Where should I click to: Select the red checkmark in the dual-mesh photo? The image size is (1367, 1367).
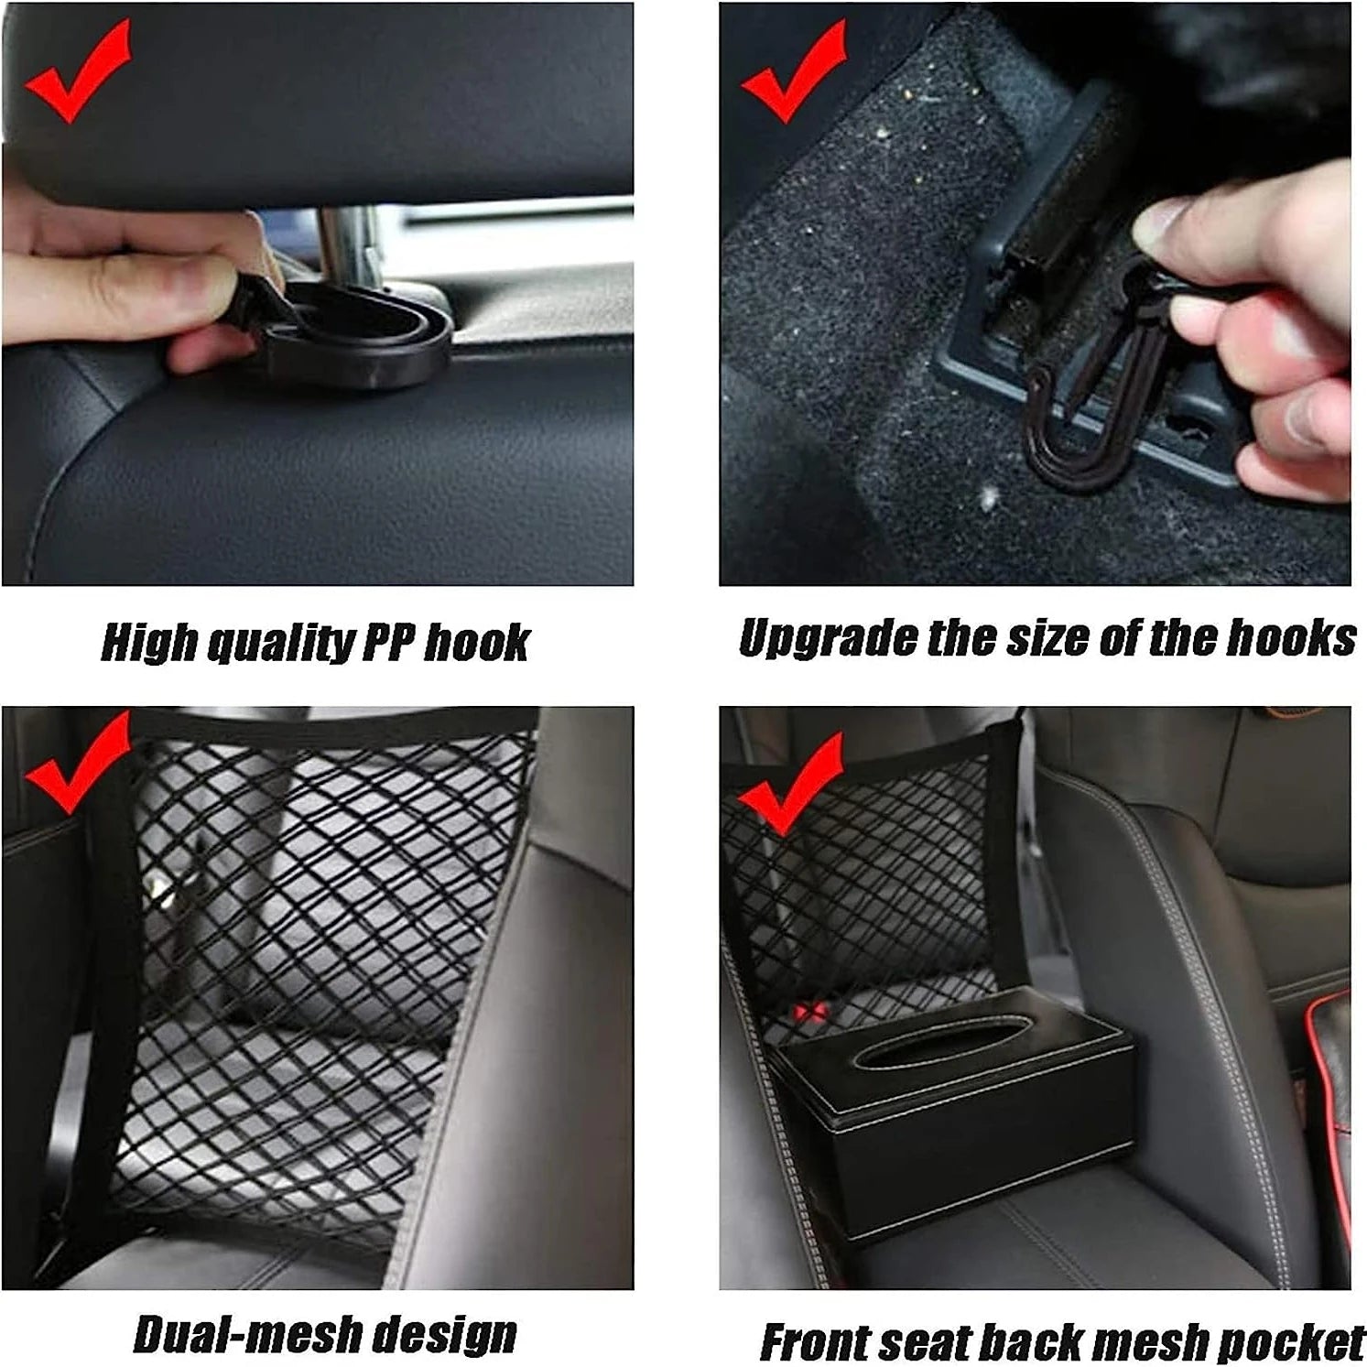click(78, 765)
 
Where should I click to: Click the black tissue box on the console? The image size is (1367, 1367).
click(952, 1112)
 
